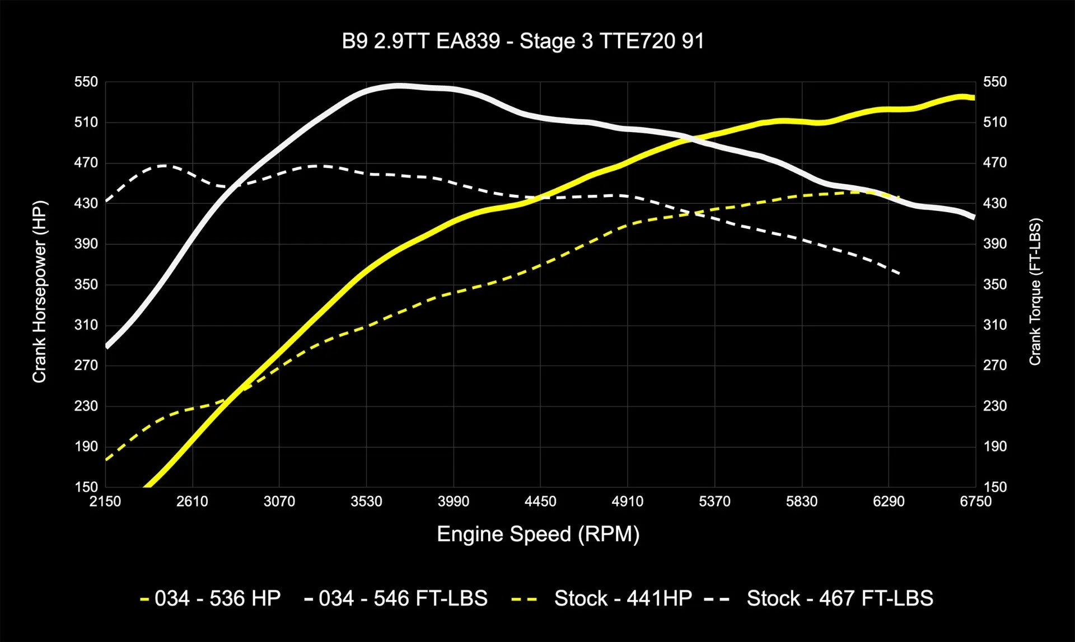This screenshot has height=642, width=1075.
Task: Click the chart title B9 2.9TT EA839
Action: click(x=523, y=41)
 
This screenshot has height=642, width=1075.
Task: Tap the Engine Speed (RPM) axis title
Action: click(x=537, y=534)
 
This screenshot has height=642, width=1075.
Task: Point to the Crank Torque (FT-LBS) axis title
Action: click(x=1035, y=292)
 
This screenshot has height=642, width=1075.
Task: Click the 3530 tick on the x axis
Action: click(x=366, y=502)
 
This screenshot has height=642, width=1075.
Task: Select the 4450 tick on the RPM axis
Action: click(x=540, y=502)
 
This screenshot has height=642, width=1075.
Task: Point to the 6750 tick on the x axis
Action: click(x=975, y=502)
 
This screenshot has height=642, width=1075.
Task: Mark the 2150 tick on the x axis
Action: click(x=105, y=502)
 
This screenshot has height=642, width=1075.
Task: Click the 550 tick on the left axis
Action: click(x=86, y=82)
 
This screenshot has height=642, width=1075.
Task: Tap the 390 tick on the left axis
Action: click(x=86, y=244)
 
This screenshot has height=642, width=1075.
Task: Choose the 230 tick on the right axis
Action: click(x=995, y=406)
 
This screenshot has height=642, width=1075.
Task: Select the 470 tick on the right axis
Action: click(x=995, y=163)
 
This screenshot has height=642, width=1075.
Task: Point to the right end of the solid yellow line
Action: click(x=974, y=98)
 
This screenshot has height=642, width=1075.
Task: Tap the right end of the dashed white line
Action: click(x=899, y=274)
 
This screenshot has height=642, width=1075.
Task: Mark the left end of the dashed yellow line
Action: click(x=106, y=460)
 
